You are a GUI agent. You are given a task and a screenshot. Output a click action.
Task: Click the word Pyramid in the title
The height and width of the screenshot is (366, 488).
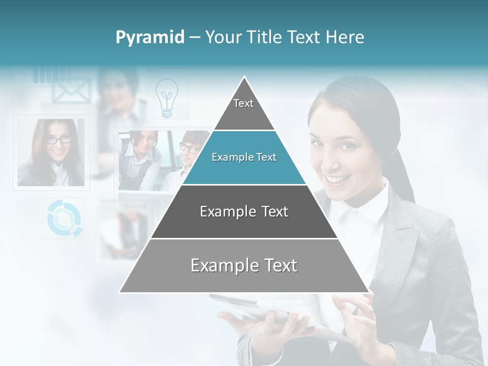click(149, 38)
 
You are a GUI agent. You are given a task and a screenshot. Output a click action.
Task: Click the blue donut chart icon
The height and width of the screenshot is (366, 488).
click(64, 218)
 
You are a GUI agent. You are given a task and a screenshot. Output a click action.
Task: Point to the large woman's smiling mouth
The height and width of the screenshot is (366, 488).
click(338, 179)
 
